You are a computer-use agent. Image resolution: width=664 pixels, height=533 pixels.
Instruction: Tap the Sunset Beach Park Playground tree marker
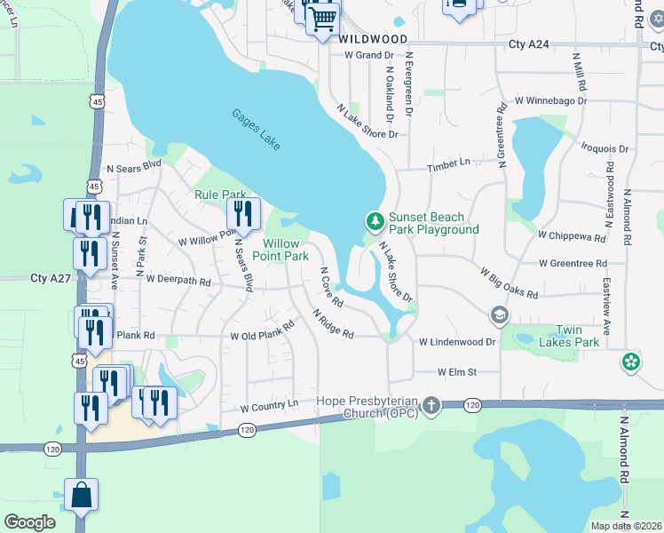375,219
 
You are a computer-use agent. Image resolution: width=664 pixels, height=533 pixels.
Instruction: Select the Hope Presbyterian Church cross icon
431,406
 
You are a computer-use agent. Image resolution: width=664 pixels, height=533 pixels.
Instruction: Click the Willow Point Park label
286,250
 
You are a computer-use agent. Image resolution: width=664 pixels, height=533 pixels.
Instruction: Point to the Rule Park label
220,195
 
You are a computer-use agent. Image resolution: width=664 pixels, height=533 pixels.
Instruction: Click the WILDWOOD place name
372,40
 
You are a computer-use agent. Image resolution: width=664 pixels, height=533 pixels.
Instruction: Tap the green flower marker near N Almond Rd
631,362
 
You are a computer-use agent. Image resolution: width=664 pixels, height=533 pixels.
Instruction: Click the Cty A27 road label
50,278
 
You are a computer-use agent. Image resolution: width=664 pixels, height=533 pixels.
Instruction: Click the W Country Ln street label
270,406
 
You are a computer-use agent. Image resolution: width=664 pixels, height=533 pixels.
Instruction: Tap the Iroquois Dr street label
605,149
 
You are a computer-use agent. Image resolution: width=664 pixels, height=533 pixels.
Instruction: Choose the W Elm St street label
456,372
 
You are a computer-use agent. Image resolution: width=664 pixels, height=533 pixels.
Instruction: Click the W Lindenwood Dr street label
457,342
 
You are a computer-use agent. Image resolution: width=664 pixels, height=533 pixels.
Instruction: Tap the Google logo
29,521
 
